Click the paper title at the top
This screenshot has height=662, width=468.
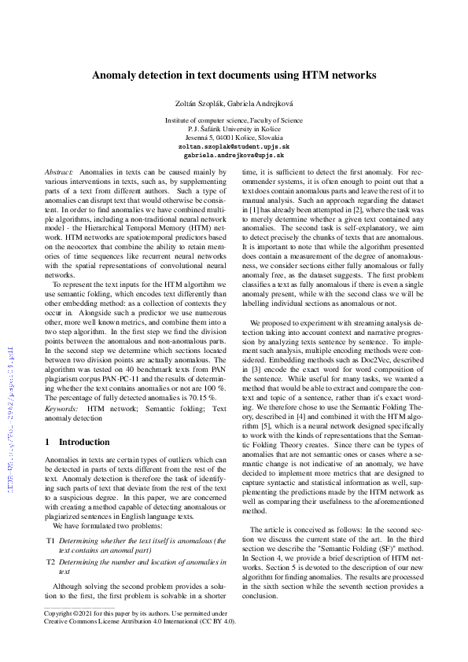[234, 75]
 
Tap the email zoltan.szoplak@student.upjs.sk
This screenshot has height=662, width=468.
[234, 146]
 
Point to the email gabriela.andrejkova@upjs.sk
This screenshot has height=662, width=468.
[234, 156]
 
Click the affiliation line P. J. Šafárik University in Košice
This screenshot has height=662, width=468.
[234, 128]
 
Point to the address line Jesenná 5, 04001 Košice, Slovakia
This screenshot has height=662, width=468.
[234, 137]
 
